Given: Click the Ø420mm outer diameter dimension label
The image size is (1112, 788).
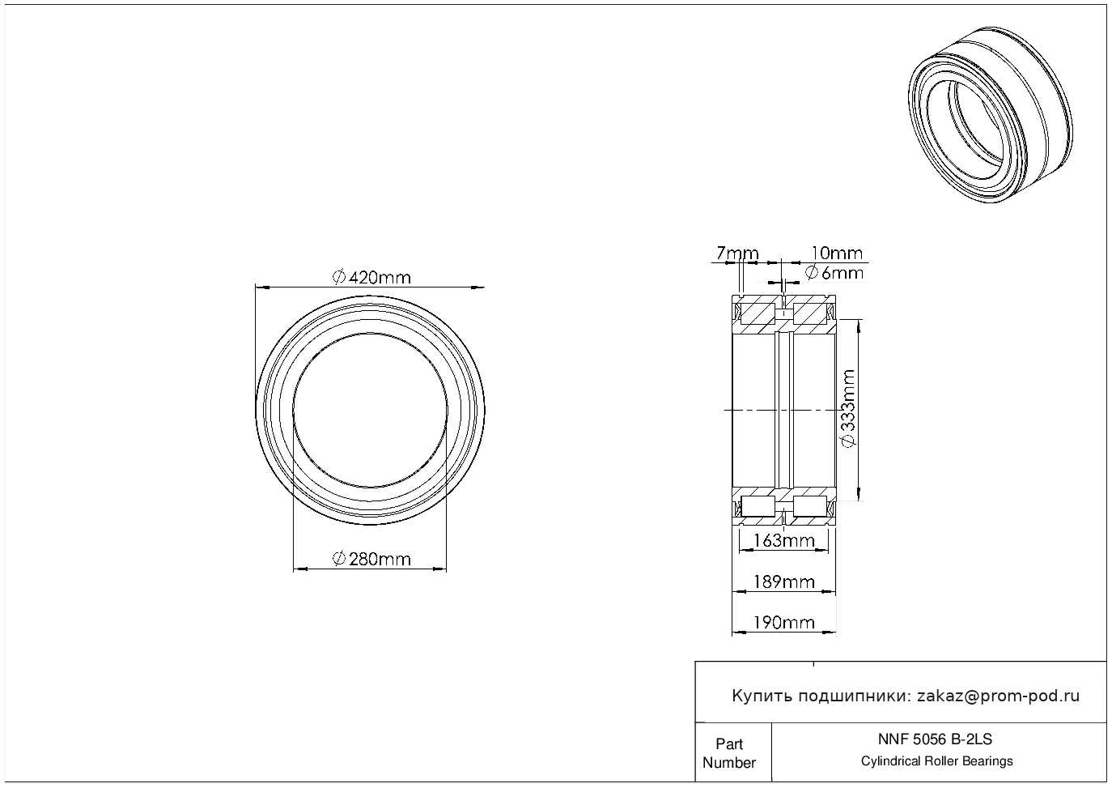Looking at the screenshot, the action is [x=371, y=277].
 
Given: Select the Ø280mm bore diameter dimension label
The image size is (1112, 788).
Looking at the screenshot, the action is [x=371, y=559].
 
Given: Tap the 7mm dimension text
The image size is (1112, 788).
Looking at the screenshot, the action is [x=738, y=253].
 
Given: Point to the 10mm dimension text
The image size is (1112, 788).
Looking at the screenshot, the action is [x=837, y=253].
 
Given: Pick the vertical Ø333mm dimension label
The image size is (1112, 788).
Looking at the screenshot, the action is [x=849, y=408].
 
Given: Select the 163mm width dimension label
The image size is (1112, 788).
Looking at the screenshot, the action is [x=784, y=540].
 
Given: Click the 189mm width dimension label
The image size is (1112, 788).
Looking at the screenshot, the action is [x=784, y=581].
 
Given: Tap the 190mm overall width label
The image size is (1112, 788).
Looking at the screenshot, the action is [x=784, y=623].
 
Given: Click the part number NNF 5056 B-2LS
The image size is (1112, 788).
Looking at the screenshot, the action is [x=935, y=739].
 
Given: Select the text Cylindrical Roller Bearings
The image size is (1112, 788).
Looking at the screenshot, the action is [x=936, y=761].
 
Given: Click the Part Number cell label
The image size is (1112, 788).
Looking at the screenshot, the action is [x=729, y=753].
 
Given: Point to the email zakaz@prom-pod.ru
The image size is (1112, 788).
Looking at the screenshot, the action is [x=998, y=696].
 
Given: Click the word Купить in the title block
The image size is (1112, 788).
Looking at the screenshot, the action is [x=762, y=696].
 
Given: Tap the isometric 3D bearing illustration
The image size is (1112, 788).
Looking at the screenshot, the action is [x=991, y=115].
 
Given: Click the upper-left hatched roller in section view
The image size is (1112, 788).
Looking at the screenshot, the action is [x=758, y=313].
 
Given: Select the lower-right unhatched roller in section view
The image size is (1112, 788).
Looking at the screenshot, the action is [x=809, y=506].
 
